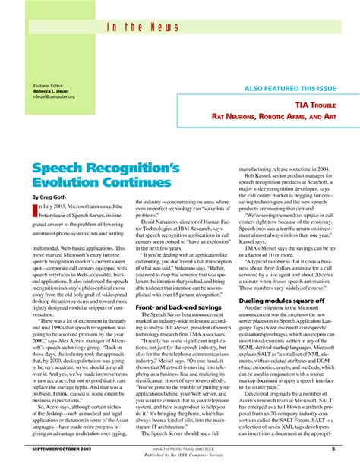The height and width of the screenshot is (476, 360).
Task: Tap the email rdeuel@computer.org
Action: pyautogui.click(x=55, y=96)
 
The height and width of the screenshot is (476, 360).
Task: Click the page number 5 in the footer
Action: pyautogui.click(x=333, y=449)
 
